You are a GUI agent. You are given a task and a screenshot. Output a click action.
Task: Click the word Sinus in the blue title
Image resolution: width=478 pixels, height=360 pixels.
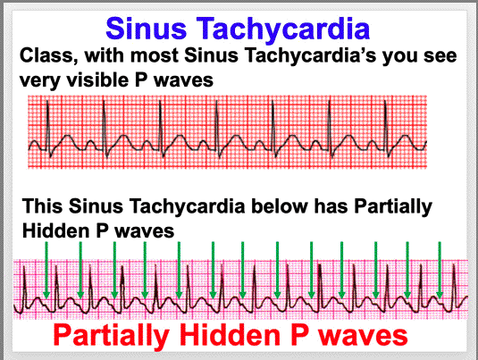(x=146, y=29)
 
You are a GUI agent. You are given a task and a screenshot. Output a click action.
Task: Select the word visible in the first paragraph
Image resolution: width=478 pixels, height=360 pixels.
(x=98, y=80)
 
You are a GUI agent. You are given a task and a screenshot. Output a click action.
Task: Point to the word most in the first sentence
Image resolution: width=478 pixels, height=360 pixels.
(x=155, y=55)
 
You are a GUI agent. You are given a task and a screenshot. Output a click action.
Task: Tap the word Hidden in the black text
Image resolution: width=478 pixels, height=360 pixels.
(x=56, y=230)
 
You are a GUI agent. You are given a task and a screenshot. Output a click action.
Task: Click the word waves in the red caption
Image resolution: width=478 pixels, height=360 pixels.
(x=363, y=336)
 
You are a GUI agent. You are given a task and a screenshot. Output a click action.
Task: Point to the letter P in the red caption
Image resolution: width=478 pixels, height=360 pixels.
(x=299, y=335)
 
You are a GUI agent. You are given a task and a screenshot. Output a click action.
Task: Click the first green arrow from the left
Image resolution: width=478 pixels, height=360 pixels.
(x=46, y=271)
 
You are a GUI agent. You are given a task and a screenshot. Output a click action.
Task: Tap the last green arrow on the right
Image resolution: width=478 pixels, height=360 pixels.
(x=440, y=271)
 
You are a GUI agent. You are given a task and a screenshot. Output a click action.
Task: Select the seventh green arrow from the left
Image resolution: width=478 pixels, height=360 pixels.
(x=243, y=271)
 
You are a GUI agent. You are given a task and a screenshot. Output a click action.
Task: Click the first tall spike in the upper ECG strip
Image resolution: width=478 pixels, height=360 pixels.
(x=48, y=129)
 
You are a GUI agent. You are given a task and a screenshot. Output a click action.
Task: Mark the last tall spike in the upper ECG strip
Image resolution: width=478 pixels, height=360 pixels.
(x=386, y=129)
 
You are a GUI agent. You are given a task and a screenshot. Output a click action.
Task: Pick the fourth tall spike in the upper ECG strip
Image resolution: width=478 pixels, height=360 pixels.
(x=217, y=129)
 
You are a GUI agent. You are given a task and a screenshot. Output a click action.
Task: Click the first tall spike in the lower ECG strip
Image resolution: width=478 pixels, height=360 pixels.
(x=24, y=289)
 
